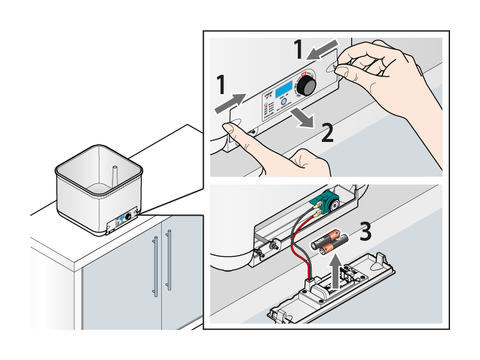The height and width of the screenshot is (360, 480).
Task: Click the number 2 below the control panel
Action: [x=327, y=131]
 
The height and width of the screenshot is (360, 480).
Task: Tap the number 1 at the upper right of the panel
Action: [x=298, y=49]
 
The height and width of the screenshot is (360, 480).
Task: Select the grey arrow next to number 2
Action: [x=300, y=117]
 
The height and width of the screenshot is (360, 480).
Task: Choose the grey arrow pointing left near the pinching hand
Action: [x=322, y=52]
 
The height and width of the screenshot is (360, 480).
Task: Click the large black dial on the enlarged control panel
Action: [x=308, y=86]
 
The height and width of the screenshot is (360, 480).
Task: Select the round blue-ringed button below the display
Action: [x=284, y=102]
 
